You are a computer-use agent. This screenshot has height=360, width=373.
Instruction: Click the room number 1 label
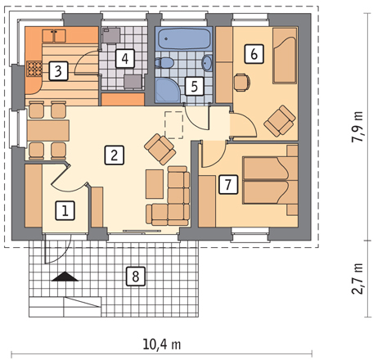click(x=65, y=210)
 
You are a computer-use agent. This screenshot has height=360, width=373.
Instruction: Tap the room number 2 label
click(x=115, y=155)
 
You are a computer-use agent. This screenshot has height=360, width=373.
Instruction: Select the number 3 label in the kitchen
click(x=58, y=71)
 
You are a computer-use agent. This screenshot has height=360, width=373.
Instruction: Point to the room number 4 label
click(x=125, y=58)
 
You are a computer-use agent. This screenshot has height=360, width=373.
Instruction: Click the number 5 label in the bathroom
click(x=195, y=86)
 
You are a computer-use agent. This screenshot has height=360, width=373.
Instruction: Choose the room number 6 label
click(x=254, y=54)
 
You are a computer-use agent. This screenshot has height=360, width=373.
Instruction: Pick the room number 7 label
click(x=228, y=185)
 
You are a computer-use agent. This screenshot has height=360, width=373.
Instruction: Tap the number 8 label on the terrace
click(x=136, y=277)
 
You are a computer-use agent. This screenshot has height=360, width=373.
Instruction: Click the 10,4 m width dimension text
click(x=162, y=344)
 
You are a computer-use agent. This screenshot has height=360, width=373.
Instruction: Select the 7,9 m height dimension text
click(x=357, y=127)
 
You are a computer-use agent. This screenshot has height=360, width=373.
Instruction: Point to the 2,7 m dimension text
click(x=357, y=278)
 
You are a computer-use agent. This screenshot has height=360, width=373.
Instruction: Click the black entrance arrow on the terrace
click(x=65, y=277)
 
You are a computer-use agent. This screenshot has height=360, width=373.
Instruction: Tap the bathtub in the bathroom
click(x=184, y=39)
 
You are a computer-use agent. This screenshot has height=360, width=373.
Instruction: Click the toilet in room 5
click(x=164, y=63)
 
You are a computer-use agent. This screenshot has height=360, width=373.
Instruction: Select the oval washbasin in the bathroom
click(x=207, y=63)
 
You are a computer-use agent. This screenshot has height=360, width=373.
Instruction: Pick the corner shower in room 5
click(x=168, y=90)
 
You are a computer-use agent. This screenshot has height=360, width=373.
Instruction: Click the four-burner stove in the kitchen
click(x=34, y=69)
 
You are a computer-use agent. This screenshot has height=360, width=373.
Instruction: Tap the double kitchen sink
click(x=54, y=36)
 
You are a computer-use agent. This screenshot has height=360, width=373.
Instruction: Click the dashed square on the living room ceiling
click(x=173, y=125)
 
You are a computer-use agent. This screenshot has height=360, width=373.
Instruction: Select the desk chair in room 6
click(x=242, y=83)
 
